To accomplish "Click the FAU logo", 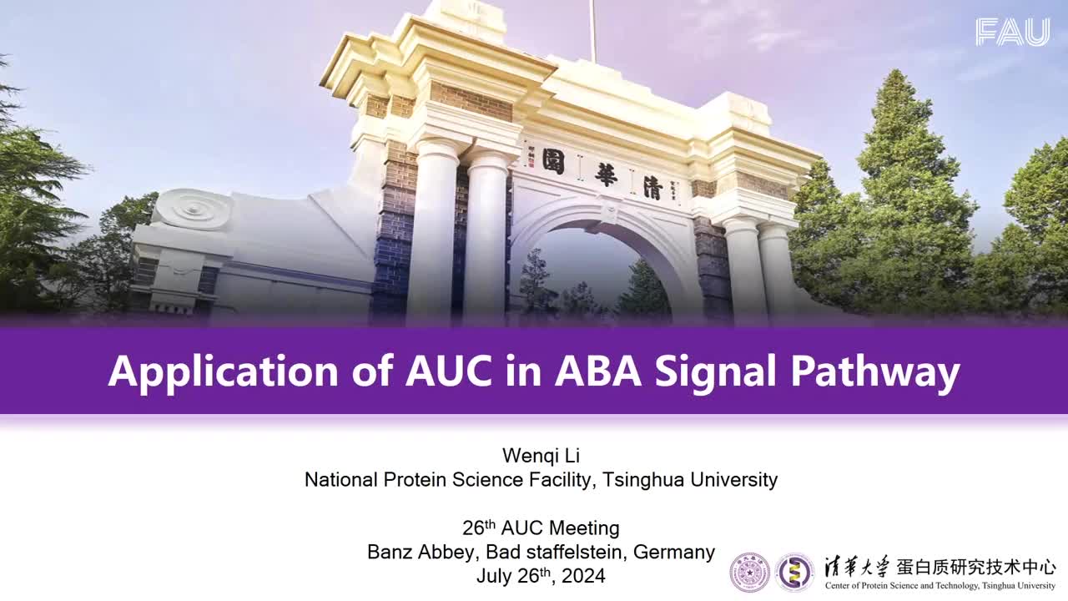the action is tap(1013, 32).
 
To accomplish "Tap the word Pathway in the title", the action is tap(875, 372).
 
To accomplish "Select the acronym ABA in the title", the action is tap(598, 371).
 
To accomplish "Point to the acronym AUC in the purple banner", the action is tap(449, 371).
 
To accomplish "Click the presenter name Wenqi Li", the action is tap(542, 456).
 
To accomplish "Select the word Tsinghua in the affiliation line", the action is tap(643, 479).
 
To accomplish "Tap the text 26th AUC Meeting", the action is tap(542, 528).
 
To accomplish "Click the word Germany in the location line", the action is tap(674, 552).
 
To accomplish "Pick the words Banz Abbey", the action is tap(423, 552).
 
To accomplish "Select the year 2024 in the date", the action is tap(583, 576).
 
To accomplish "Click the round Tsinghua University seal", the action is tap(749, 573).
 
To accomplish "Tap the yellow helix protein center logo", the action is tap(794, 573).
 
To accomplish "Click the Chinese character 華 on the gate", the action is tap(606, 174).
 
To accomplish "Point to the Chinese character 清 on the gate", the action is tap(653, 186).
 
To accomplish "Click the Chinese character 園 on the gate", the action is tap(553, 161).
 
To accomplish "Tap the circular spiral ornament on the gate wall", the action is tap(193, 210).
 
